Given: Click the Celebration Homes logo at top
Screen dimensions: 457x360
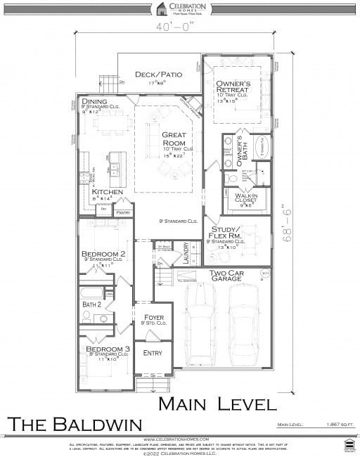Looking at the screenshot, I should pos(179,8).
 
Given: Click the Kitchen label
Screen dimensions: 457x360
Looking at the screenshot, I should pos(108,192).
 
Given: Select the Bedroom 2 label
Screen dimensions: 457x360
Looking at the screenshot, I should pos(103,253).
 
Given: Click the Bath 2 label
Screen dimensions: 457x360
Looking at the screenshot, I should pos(92,304).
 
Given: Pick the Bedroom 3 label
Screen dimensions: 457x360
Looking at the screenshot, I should pos(104,349).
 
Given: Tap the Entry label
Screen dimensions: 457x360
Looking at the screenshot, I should pos(152,353).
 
